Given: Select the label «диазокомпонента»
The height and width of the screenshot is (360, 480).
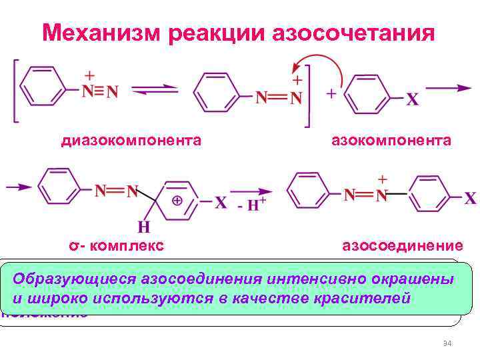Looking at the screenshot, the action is click(x=131, y=140).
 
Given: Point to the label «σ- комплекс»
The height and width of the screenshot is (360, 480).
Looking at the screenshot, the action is click(x=117, y=245).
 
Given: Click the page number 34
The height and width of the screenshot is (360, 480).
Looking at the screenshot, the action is click(x=447, y=343).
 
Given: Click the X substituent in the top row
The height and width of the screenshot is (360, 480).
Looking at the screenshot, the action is click(x=412, y=99).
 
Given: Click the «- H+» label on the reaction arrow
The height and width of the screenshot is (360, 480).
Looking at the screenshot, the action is click(x=252, y=204).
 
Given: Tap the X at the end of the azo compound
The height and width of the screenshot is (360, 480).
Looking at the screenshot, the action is click(x=470, y=198).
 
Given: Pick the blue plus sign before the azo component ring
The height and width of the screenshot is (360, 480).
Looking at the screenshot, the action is click(x=330, y=95).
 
